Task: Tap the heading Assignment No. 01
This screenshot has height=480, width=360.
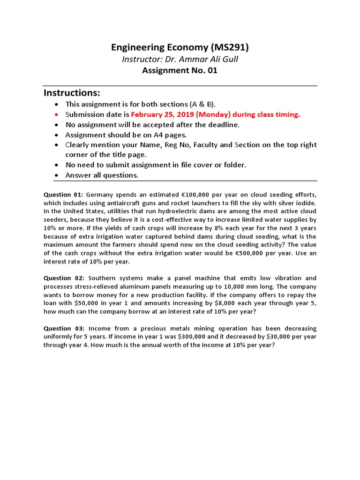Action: pos(180,71)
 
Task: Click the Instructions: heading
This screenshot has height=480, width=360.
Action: pos(72,92)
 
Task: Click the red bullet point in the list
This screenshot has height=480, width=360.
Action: pos(57,114)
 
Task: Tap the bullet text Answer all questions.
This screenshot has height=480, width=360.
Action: pos(102,175)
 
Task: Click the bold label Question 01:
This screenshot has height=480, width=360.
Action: pos(64,195)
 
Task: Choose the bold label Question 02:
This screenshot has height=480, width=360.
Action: pos(64,278)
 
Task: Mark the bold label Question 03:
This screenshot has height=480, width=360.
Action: pos(64,329)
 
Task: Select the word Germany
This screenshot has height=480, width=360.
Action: pos(100,195)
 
